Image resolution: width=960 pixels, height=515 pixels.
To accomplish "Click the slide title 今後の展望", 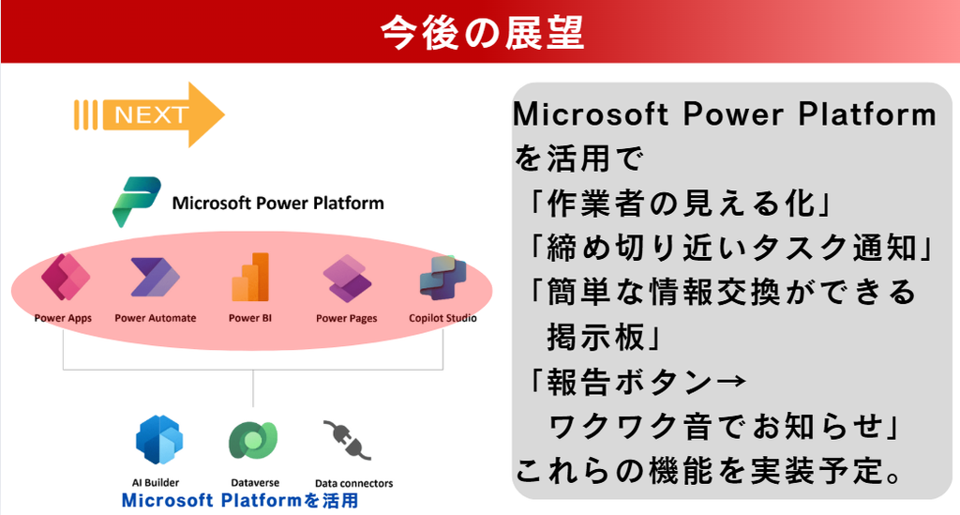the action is pos(482,33).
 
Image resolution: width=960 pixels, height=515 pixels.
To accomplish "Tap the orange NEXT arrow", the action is pos(149,114).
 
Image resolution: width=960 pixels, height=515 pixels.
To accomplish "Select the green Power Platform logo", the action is pos(137,202).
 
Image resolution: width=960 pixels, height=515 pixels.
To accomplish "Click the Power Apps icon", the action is pos(66,277).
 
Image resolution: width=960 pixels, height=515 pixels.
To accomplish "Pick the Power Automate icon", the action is pos(155,278).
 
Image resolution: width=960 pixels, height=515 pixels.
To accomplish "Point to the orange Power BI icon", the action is pos(250,277).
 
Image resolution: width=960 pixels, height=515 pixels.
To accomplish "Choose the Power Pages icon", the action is pos(347,279).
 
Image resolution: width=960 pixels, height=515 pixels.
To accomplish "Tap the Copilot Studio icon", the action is pos(443,278).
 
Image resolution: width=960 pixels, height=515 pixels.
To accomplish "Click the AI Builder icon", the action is pos(159,439).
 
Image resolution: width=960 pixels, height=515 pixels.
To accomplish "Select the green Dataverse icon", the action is pos(253,440).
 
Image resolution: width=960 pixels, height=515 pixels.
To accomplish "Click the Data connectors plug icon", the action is pos(347,439).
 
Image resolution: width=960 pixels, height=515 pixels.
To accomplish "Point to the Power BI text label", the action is pos(249,318).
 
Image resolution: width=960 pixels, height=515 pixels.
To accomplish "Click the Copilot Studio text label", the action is pos(442,318).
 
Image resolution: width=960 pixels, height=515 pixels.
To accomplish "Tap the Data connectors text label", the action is pos(353,483).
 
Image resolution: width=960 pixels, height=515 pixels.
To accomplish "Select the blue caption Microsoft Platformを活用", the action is pos(240,500).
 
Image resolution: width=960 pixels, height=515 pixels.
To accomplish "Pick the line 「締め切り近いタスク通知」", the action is pos(729,248).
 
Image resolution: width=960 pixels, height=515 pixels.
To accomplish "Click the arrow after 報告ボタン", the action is pos(730,382).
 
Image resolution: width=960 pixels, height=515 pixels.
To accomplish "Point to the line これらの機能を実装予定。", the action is pos(708,471).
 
